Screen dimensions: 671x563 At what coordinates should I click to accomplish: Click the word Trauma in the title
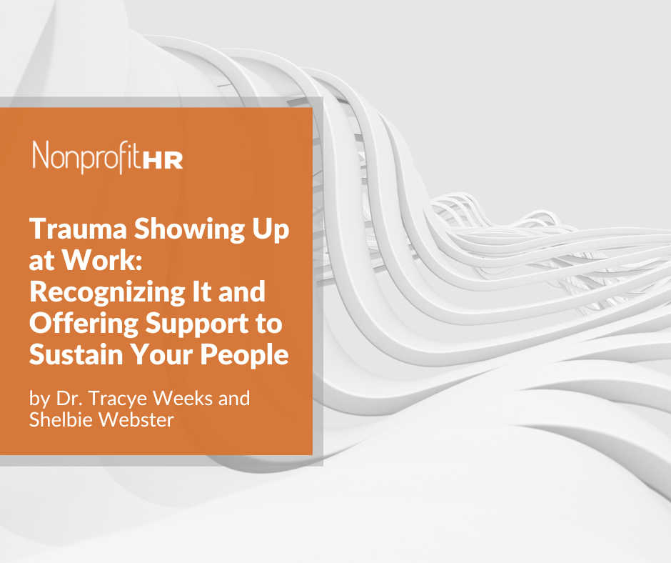[x=78, y=229]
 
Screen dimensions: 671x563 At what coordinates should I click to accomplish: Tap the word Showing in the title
[x=190, y=230]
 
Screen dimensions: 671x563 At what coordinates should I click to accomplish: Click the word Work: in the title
[x=101, y=259]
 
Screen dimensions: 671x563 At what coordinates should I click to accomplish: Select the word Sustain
[x=76, y=355]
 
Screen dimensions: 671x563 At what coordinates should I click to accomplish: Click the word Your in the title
[x=161, y=355]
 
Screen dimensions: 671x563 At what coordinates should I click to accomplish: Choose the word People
[x=244, y=356]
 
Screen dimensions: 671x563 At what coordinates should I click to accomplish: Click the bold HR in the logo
[x=162, y=160]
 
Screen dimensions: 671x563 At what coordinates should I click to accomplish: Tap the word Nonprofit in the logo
[x=86, y=156]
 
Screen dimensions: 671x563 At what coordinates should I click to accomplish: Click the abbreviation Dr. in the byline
[x=70, y=398]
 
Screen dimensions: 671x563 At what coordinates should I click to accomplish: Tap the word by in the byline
[x=40, y=399]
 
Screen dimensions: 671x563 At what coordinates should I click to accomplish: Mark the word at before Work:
[x=42, y=261]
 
